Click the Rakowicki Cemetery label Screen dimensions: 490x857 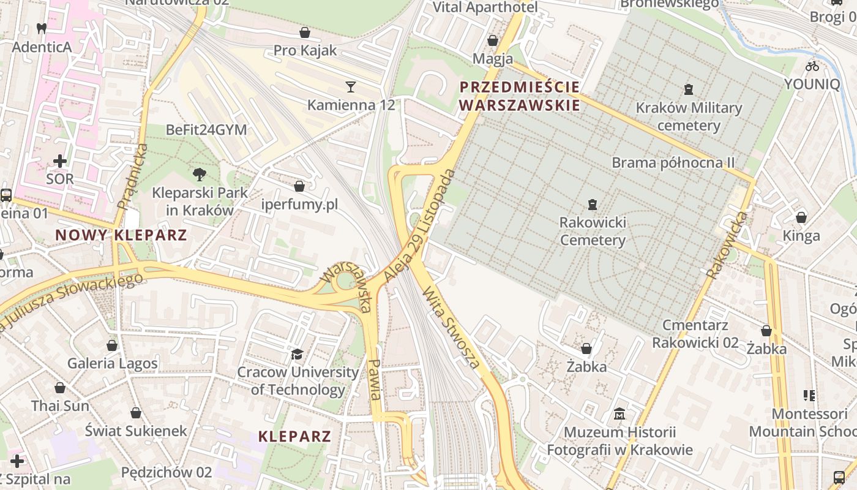pos(593,231)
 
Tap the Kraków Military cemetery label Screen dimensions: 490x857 pos(689,117)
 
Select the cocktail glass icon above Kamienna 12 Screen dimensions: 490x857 pos(351,86)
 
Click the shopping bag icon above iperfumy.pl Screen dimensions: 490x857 pos(299,186)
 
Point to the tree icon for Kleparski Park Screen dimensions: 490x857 pos(199,175)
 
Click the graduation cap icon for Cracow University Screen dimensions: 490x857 pos(297,354)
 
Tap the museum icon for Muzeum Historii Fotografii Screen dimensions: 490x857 pos(619,414)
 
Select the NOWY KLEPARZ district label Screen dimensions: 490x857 pos(121,235)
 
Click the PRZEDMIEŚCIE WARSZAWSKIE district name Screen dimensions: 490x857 pos(519,96)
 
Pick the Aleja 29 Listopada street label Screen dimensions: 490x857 pos(421,227)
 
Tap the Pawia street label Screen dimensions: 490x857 pos(375,379)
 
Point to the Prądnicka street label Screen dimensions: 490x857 pos(132,176)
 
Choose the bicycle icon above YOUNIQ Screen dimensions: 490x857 pos(812,66)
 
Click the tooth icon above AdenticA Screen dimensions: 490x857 pos(42,28)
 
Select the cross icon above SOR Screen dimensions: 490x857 pos(60,161)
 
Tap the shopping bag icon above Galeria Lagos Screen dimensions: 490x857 pos(112,345)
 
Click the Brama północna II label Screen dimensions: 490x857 pos(673,163)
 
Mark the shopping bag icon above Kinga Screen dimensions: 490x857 pos(801,217)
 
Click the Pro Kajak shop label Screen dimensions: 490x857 pos(305,50)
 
